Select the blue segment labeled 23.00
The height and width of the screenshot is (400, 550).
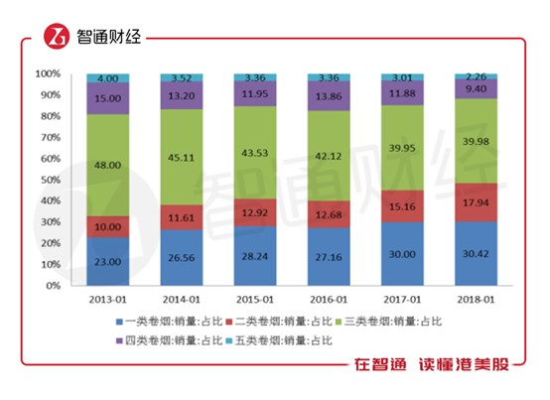click(x=108, y=262)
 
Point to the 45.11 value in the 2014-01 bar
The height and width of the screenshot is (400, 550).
click(x=182, y=155)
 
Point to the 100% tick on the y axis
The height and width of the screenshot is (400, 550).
click(x=49, y=74)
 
